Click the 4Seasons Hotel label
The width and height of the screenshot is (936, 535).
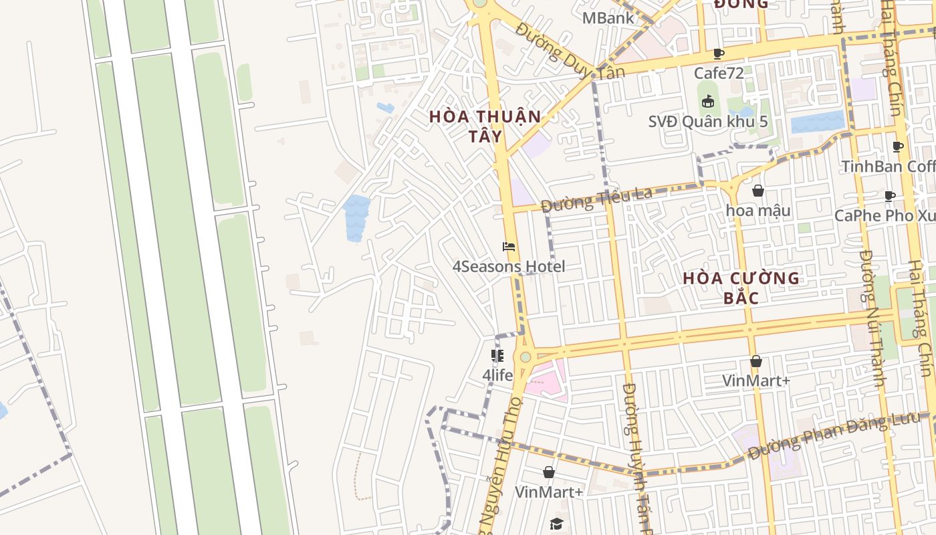[508, 267]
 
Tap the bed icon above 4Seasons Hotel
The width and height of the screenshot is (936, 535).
[509, 247]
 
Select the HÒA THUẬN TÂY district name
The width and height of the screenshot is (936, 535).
[485, 126]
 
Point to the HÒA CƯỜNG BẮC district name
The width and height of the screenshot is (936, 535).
[741, 288]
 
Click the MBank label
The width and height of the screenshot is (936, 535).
[608, 18]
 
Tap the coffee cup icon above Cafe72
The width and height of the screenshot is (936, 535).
[719, 53]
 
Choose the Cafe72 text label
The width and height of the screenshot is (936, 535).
[719, 72]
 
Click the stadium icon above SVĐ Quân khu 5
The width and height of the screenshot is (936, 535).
[708, 102]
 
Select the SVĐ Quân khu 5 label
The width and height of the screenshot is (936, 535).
[708, 122]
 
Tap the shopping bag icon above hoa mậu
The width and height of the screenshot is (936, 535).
[757, 191]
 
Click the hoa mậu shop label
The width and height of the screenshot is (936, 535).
[758, 211]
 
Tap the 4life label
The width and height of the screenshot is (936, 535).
[497, 375]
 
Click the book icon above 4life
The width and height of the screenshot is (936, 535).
[497, 356]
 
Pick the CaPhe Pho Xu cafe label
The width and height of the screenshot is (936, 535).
[885, 216]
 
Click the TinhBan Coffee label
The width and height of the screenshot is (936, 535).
[888, 166]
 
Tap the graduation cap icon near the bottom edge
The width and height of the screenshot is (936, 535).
[556, 524]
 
